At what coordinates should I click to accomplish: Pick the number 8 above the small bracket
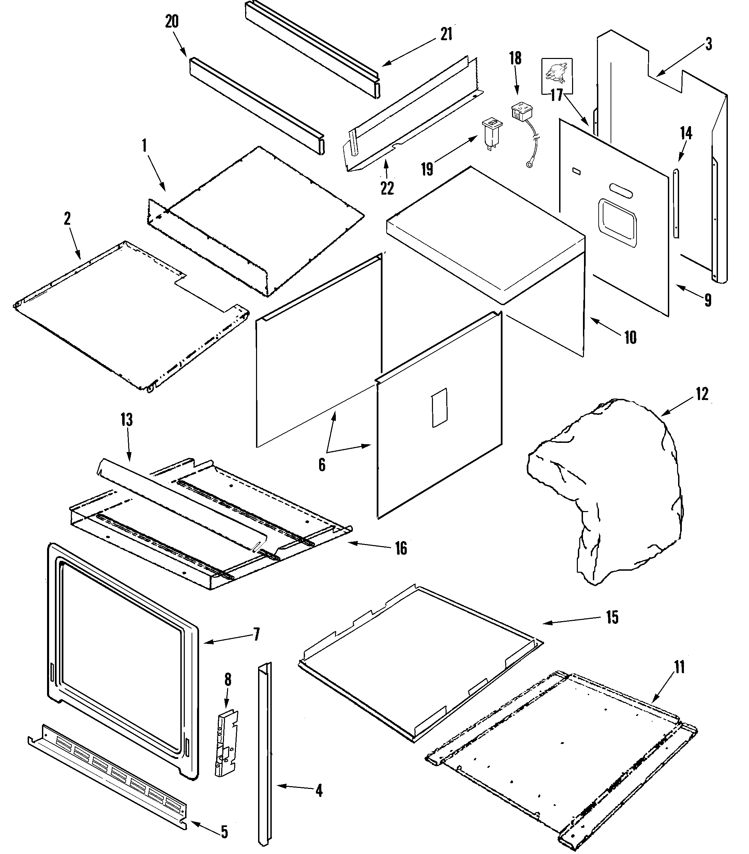coord(227,680)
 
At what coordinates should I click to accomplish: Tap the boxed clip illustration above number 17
coord(556,75)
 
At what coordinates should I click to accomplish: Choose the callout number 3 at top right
coord(708,44)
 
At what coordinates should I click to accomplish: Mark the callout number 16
coord(401,549)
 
